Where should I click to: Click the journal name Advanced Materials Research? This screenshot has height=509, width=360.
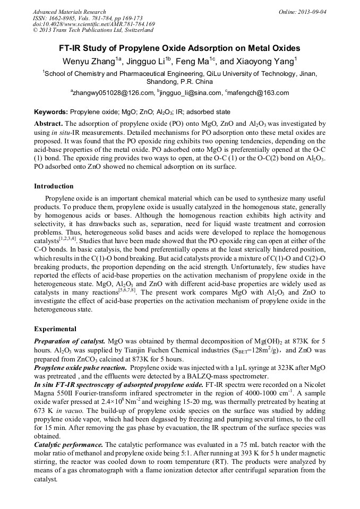(x=69, y=12)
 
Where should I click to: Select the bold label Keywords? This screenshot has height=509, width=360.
(x=51, y=113)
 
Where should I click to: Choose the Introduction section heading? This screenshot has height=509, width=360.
(x=54, y=186)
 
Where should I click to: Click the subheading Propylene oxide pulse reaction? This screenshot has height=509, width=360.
(x=80, y=368)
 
